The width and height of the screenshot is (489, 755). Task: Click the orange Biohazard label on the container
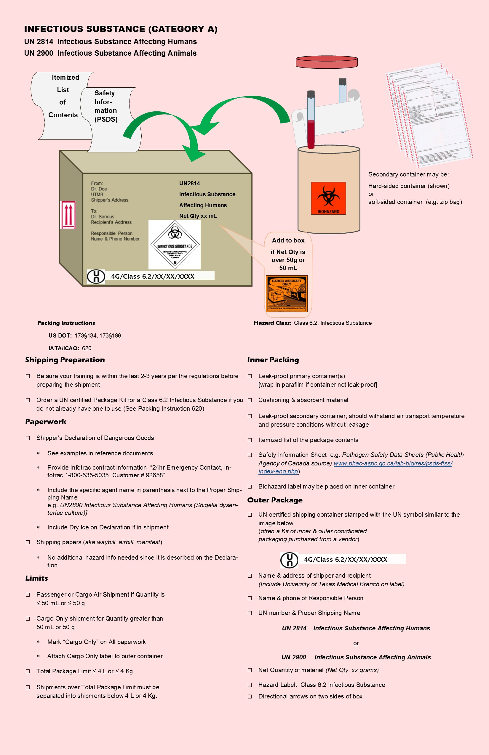point(328,198)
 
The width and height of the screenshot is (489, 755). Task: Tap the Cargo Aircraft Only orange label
point(286,293)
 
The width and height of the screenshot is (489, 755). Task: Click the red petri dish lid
point(327,62)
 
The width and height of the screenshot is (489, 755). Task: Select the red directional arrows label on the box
point(68,215)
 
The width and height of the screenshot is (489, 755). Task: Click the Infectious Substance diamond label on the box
point(174,245)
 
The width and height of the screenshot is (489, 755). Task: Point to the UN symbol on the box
point(96,276)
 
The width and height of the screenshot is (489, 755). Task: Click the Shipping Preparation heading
point(65,360)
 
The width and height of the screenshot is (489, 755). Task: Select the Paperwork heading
point(46,422)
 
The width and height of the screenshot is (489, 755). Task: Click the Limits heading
point(36,578)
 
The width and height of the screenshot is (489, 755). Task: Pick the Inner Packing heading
point(273,360)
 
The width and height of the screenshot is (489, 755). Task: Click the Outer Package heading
point(275,500)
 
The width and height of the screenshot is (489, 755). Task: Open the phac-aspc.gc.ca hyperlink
point(393,463)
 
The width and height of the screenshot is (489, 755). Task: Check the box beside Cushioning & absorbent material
point(250,400)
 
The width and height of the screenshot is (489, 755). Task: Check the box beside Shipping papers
point(28,542)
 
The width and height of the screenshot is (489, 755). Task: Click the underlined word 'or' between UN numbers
point(356,643)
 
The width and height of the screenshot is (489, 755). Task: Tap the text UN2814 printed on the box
point(190,183)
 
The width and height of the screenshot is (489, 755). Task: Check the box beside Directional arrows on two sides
point(250,696)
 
